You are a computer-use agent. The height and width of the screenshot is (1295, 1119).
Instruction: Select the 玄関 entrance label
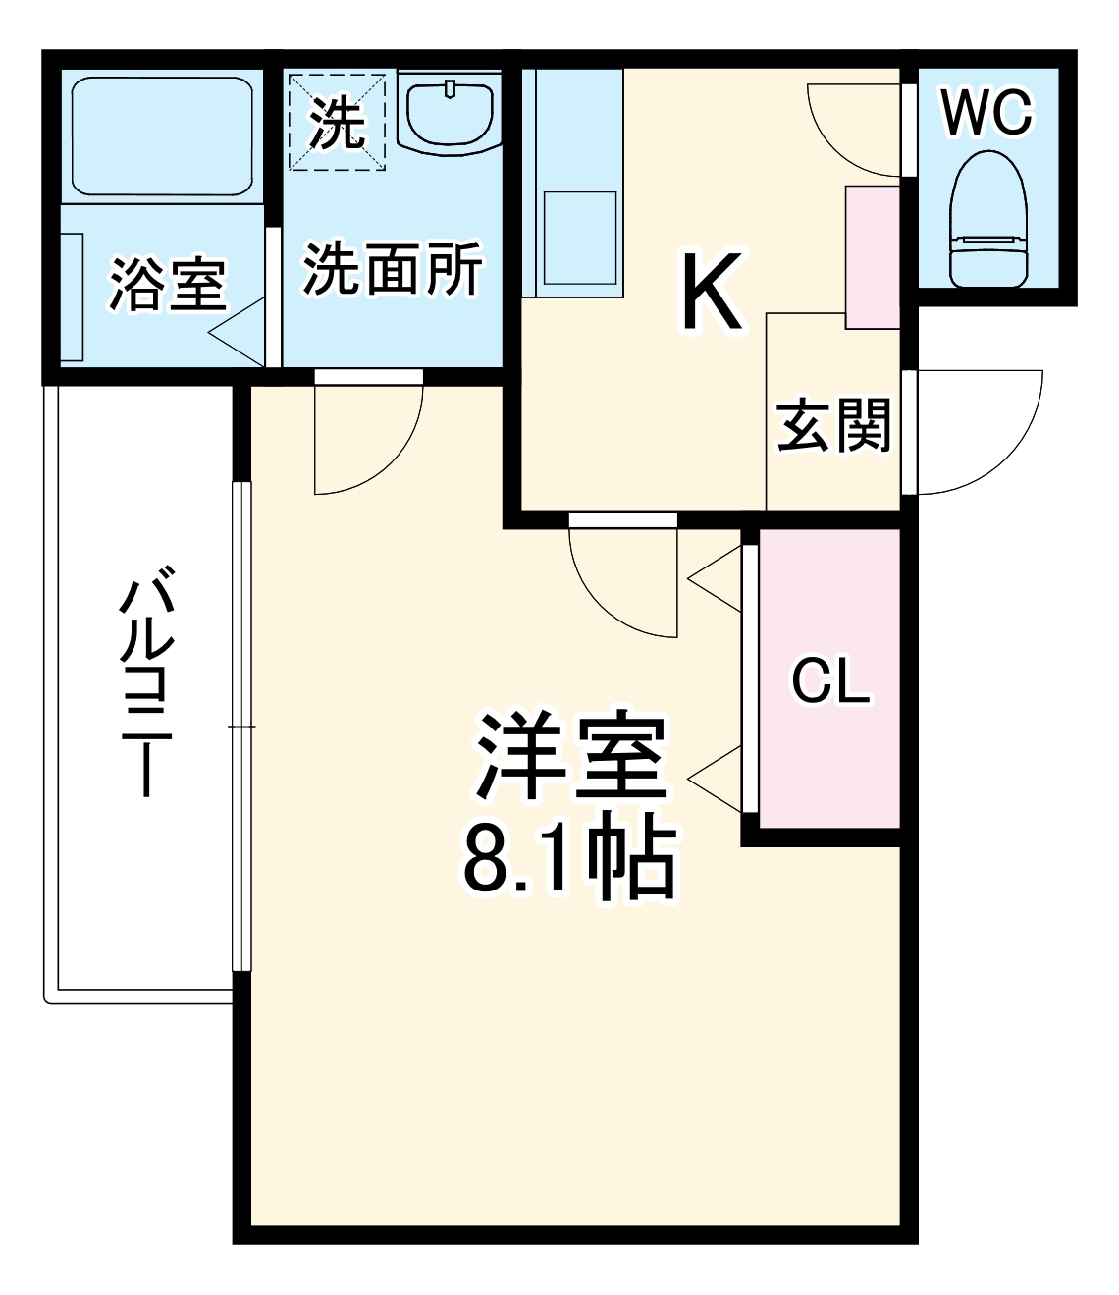coord(833,425)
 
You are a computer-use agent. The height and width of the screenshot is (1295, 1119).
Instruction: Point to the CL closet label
coord(830,680)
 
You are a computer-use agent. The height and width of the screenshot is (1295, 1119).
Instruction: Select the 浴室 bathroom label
coord(167,284)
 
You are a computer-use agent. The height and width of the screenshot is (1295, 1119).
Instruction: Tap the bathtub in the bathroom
coord(163,137)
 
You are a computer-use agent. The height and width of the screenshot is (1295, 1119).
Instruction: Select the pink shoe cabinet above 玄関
coord(872,256)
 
